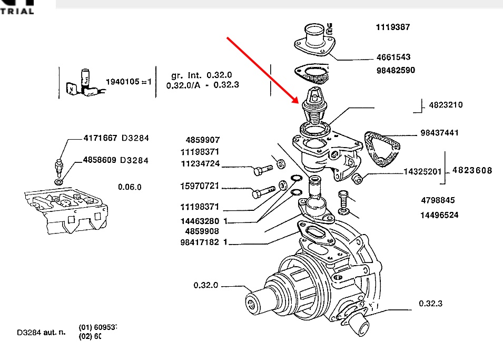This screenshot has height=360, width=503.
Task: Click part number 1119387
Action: [x=392, y=27]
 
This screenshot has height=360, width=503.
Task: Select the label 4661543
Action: [x=393, y=57]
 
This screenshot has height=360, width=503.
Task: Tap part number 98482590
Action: [x=396, y=70]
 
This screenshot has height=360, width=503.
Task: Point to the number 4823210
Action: [x=446, y=105]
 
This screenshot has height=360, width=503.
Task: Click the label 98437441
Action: [x=439, y=133]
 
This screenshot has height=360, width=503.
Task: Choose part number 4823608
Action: [x=472, y=170]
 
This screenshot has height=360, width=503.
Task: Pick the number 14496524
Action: [x=439, y=215]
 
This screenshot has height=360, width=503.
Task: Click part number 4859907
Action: [x=202, y=140]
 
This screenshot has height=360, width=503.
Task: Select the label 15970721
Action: [x=199, y=187]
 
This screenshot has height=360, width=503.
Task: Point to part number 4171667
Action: [x=101, y=138]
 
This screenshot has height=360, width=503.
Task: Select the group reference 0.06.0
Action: [x=130, y=187]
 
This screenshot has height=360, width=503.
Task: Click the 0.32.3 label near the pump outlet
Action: [x=430, y=303]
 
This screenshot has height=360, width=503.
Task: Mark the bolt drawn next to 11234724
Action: [x=262, y=170]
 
